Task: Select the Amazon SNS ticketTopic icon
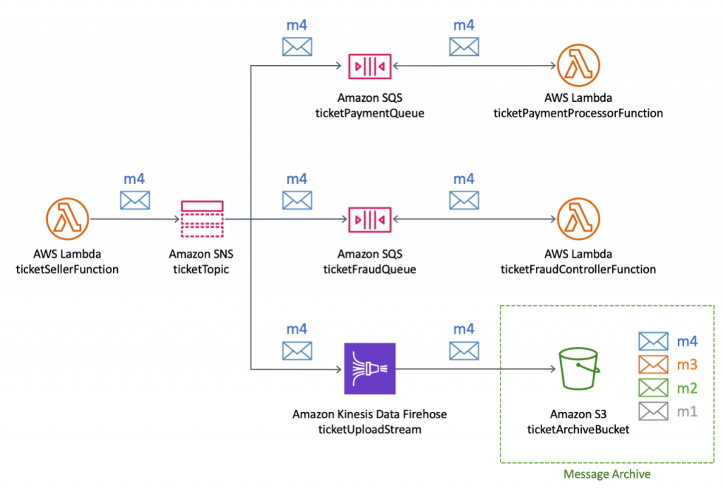click(202, 219)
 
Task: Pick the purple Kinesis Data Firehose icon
click(370, 369)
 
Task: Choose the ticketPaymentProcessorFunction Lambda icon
click(578, 66)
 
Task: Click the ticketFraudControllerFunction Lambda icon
click(578, 219)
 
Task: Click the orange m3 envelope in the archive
click(652, 365)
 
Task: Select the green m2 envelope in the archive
click(652, 388)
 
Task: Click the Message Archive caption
click(607, 474)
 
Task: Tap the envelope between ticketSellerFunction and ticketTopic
click(134, 201)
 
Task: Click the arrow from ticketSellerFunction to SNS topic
click(134, 219)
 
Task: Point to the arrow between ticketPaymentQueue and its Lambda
click(473, 66)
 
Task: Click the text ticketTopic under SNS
click(201, 269)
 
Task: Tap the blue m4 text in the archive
click(686, 341)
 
